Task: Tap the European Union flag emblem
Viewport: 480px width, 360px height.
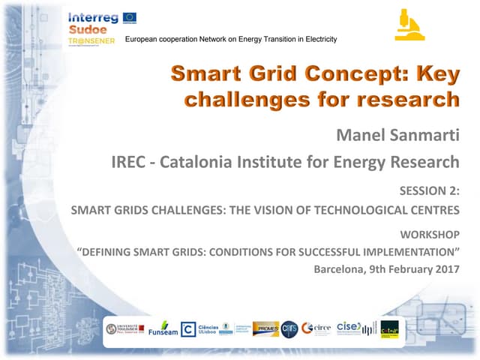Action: (x=129, y=16)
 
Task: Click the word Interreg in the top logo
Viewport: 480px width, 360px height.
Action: (x=92, y=16)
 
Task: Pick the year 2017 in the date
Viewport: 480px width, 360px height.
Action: (x=445, y=269)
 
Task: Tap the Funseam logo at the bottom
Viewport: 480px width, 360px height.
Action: (x=163, y=329)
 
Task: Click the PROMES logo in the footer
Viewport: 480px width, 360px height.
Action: (x=265, y=328)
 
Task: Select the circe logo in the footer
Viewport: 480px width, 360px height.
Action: (x=316, y=328)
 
